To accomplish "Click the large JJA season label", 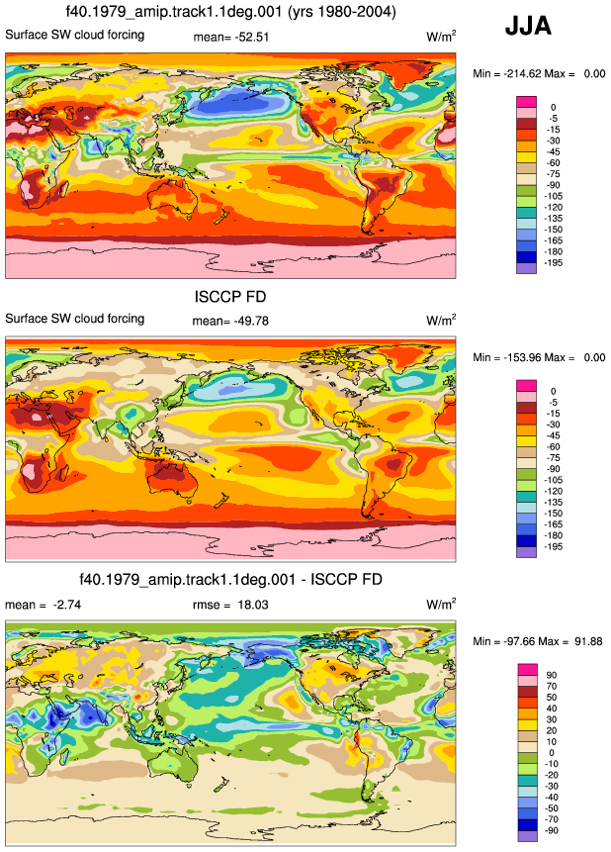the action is (x=528, y=26).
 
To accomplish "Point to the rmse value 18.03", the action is (x=253, y=605).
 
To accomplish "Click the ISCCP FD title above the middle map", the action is (x=230, y=297).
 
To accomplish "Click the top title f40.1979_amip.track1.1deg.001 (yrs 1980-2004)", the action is (x=230, y=12).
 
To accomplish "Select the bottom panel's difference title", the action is (x=230, y=579).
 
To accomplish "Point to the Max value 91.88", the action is (x=587, y=641).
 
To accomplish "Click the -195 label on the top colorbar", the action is (x=553, y=263).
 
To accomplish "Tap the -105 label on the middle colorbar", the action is (x=553, y=480).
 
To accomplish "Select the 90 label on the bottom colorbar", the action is (x=552, y=676).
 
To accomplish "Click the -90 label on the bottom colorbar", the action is (x=552, y=831).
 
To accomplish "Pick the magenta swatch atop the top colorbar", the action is (x=526, y=102).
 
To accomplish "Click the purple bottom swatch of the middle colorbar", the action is (x=526, y=552).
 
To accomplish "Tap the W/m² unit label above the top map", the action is (x=441, y=37).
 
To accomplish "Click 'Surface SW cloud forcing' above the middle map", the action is (x=75, y=319).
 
